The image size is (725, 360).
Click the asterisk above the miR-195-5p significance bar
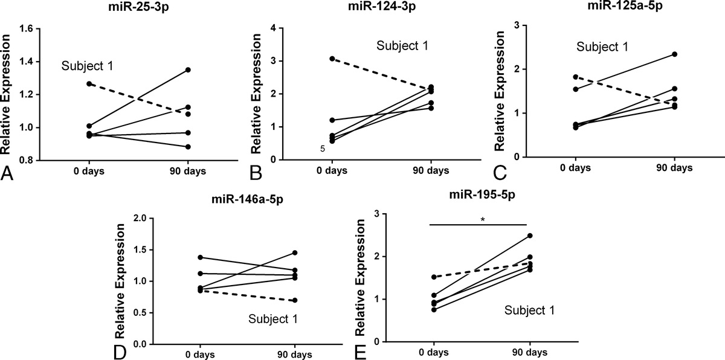pos(482,219)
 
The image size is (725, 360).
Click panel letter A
pos(8,173)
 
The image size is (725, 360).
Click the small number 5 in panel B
pos(323,148)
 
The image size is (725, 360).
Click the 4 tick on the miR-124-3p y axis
pos(274,28)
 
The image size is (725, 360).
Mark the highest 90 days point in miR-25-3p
pos(188,70)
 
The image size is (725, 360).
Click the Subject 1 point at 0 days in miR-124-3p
pos(332,59)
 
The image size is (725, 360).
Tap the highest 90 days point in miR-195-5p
pos(530,236)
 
